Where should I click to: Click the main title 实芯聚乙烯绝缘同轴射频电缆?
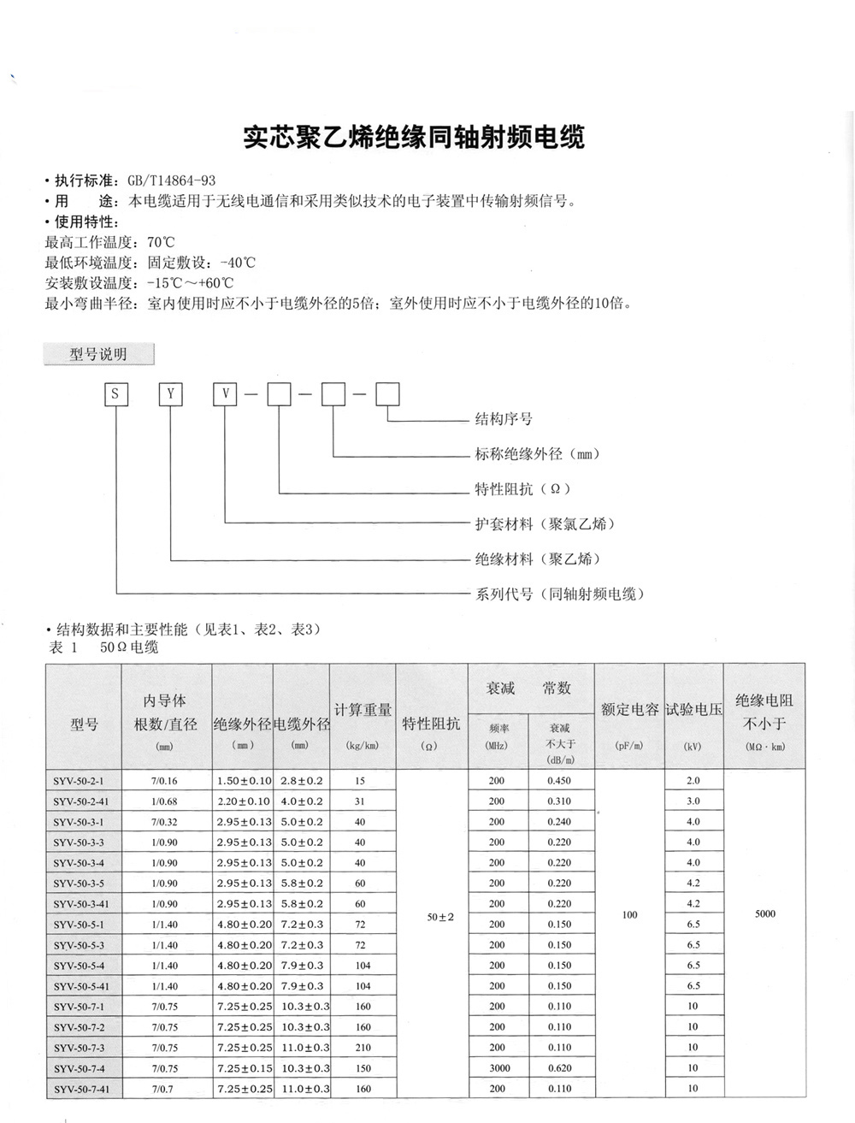click(414, 138)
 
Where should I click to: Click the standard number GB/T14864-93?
click(171, 180)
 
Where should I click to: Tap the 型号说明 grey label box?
click(98, 354)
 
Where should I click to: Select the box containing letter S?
click(116, 394)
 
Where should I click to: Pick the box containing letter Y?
click(171, 394)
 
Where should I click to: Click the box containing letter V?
click(226, 394)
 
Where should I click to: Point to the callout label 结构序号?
click(504, 419)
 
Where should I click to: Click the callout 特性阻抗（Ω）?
click(522, 489)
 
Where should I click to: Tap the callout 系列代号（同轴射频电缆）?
click(559, 594)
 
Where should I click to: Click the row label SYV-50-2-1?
click(84, 781)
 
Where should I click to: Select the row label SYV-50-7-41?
click(87, 1089)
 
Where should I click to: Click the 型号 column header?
click(84, 724)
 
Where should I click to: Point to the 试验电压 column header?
click(693, 710)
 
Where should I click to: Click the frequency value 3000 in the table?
click(498, 1068)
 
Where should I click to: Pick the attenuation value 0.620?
click(559, 1068)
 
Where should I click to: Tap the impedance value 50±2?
click(440, 918)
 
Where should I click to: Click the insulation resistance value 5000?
click(765, 914)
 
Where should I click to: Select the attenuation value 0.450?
click(559, 781)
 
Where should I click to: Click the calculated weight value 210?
click(363, 1048)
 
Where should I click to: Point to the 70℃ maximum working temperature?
click(161, 242)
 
